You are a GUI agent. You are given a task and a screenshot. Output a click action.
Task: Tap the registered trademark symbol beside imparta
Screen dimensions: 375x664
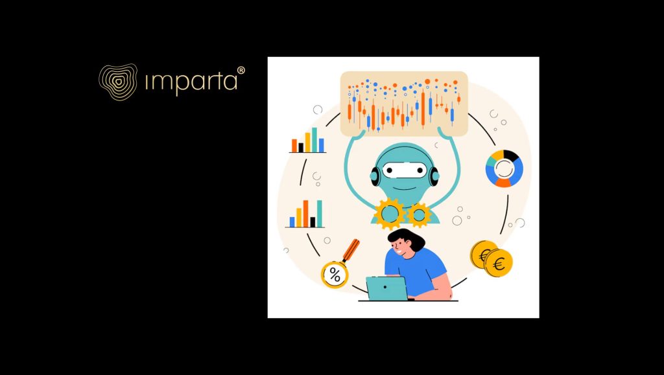pos(241,70)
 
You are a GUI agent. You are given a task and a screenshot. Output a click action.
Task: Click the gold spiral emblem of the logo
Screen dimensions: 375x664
pos(118,82)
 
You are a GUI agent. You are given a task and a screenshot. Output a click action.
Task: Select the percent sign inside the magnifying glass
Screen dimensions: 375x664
pos(335,275)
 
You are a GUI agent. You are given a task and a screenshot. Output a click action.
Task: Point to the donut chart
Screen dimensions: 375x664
pos(504,168)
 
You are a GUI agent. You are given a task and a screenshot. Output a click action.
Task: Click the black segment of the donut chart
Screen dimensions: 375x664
pos(510,155)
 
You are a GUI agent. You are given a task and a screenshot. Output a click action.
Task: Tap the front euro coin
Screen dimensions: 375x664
pos(499,263)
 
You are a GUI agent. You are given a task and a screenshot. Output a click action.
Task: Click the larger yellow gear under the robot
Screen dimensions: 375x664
pos(390,212)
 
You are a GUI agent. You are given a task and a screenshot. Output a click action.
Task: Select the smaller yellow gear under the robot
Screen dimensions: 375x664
pos(419,214)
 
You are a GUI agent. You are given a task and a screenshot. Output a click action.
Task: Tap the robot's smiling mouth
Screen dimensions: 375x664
pos(403,187)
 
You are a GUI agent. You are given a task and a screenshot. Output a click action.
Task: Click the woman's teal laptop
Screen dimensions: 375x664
pos(387,288)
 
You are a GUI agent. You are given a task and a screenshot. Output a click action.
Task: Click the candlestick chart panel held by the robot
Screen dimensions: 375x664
pos(404,104)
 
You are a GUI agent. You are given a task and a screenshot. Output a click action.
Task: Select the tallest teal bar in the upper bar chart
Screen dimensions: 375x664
pos(314,139)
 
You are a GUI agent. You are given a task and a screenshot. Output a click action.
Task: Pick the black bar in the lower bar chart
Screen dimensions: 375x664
pos(313,222)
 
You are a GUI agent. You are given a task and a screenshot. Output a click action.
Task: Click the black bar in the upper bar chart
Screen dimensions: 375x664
pos(301,148)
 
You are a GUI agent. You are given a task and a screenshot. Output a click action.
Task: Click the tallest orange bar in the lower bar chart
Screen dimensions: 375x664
pos(305,214)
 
